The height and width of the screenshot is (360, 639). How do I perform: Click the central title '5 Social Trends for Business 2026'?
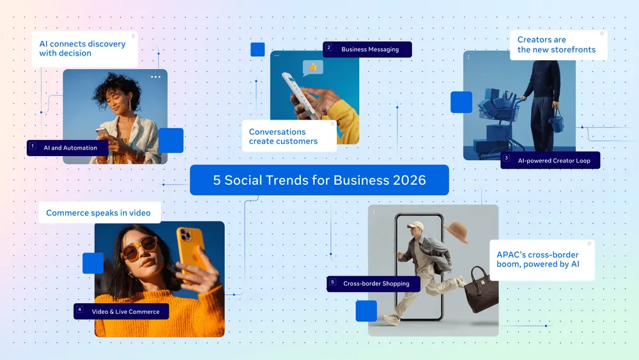pyautogui.click(x=319, y=180)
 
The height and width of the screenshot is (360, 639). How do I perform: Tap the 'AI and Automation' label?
pyautogui.click(x=70, y=148)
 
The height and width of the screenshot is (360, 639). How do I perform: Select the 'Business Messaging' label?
pyautogui.click(x=370, y=49)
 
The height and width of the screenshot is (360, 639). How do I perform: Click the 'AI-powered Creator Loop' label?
pyautogui.click(x=554, y=160)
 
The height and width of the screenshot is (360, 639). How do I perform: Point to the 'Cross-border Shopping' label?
pyautogui.click(x=376, y=283)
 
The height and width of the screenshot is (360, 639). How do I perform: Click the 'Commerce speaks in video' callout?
pyautogui.click(x=98, y=213)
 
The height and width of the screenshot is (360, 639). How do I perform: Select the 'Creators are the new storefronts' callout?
pyautogui.click(x=557, y=45)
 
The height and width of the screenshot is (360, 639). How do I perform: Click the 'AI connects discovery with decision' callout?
pyautogui.click(x=83, y=49)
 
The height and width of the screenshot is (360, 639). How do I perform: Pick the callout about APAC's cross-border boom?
pyautogui.click(x=541, y=260)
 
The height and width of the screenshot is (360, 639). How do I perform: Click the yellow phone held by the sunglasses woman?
pyautogui.click(x=190, y=249)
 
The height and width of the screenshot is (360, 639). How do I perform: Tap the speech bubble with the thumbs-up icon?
pyautogui.click(x=312, y=67)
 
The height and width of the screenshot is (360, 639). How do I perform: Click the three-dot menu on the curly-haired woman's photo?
pyautogui.click(x=155, y=77)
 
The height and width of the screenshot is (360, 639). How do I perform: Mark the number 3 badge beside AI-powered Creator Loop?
pyautogui.click(x=506, y=158)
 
